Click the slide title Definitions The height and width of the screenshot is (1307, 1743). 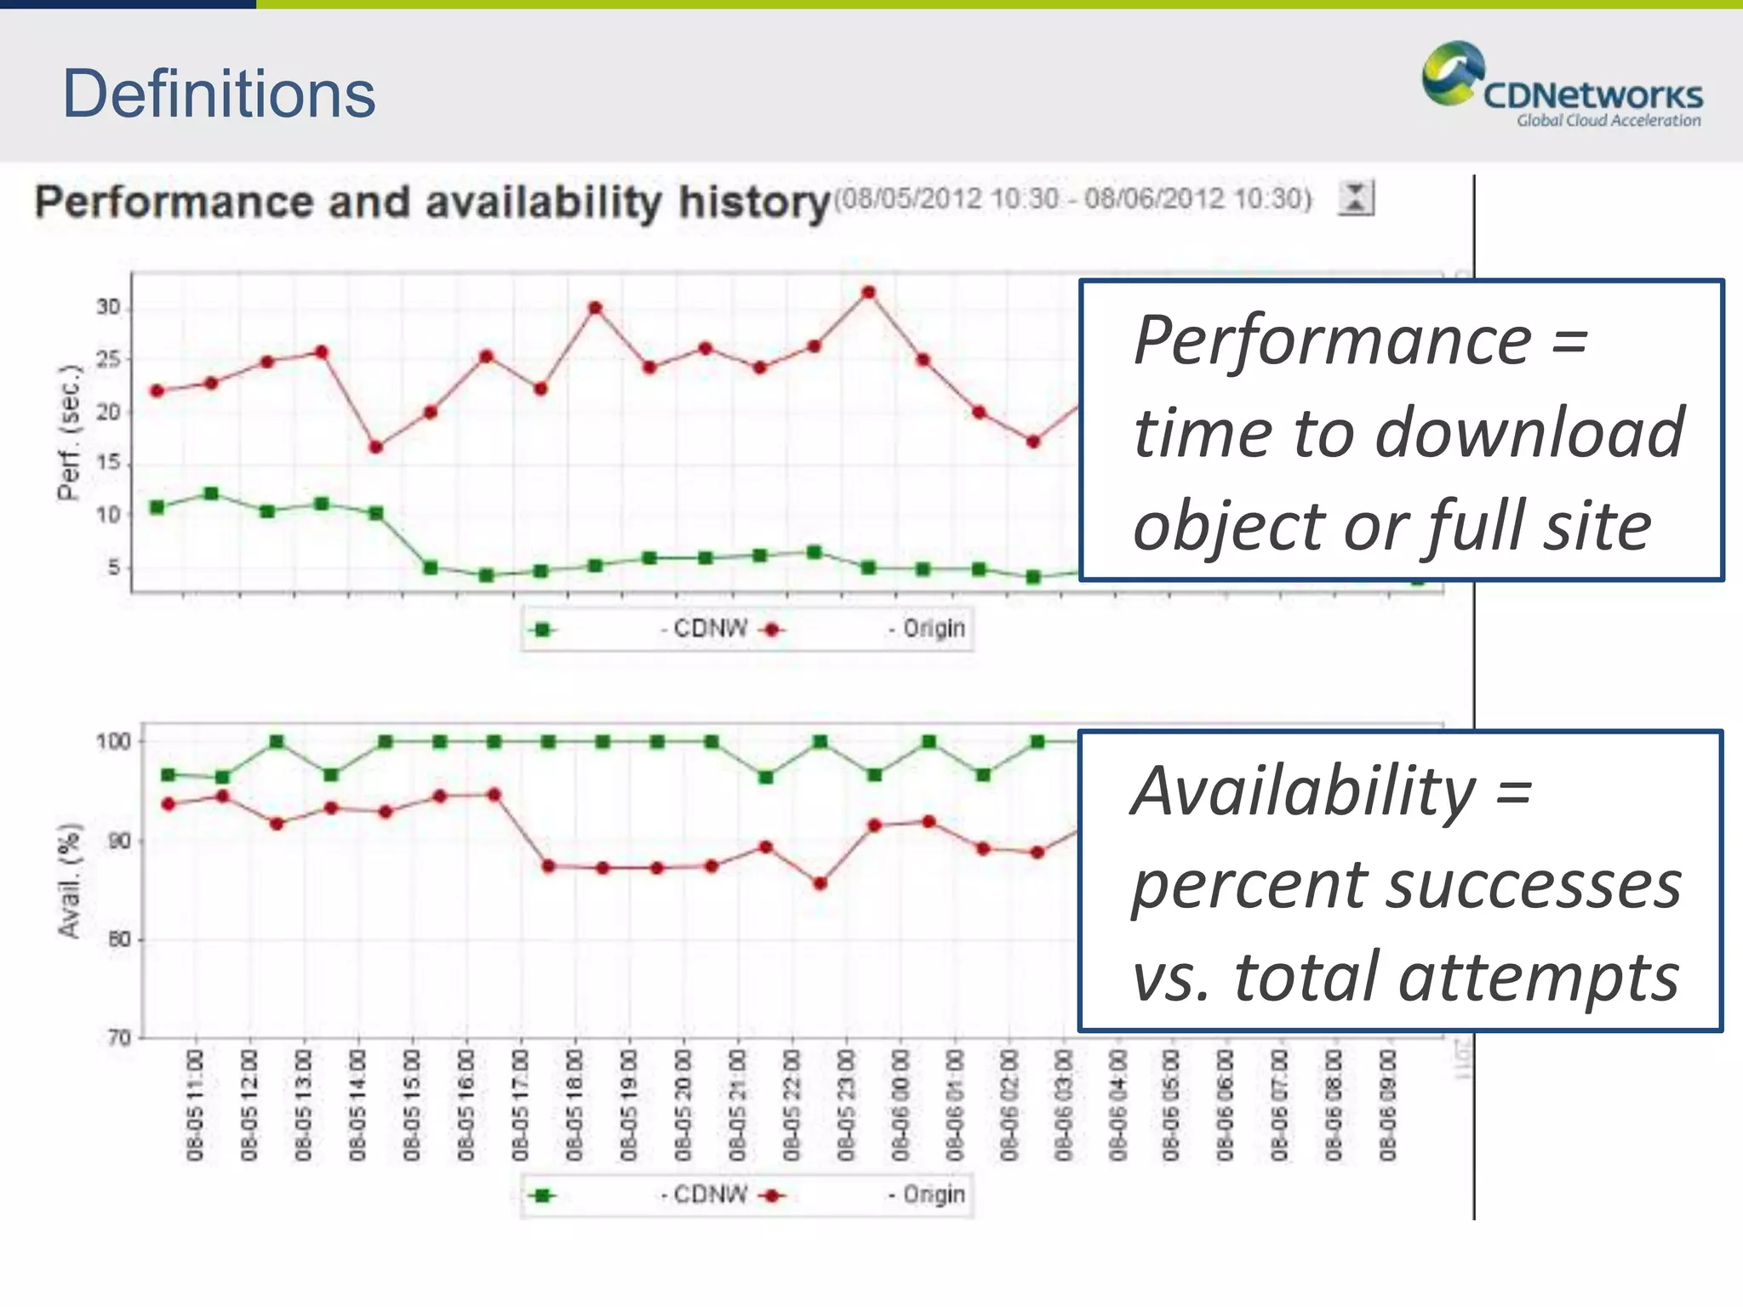click(219, 94)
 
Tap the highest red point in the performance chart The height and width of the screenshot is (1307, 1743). click(868, 293)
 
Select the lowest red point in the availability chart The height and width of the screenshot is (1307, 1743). click(820, 883)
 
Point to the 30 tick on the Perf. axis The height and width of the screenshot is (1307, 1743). click(108, 307)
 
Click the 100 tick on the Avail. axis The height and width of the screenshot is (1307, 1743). click(113, 741)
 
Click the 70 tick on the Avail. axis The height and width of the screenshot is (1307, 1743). click(118, 1037)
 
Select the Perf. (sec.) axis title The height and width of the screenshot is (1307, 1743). click(69, 432)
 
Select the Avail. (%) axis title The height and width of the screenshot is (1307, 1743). click(70, 880)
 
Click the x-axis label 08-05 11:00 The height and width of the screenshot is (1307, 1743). click(196, 1104)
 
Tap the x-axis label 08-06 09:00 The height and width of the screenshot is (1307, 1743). click(1388, 1104)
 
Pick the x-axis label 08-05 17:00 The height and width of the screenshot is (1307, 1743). click(521, 1104)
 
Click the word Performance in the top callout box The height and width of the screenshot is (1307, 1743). click(1333, 340)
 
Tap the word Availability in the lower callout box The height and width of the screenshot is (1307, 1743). click(1302, 791)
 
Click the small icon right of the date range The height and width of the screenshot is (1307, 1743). click(1355, 198)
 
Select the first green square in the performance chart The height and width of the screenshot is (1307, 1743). click(157, 507)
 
